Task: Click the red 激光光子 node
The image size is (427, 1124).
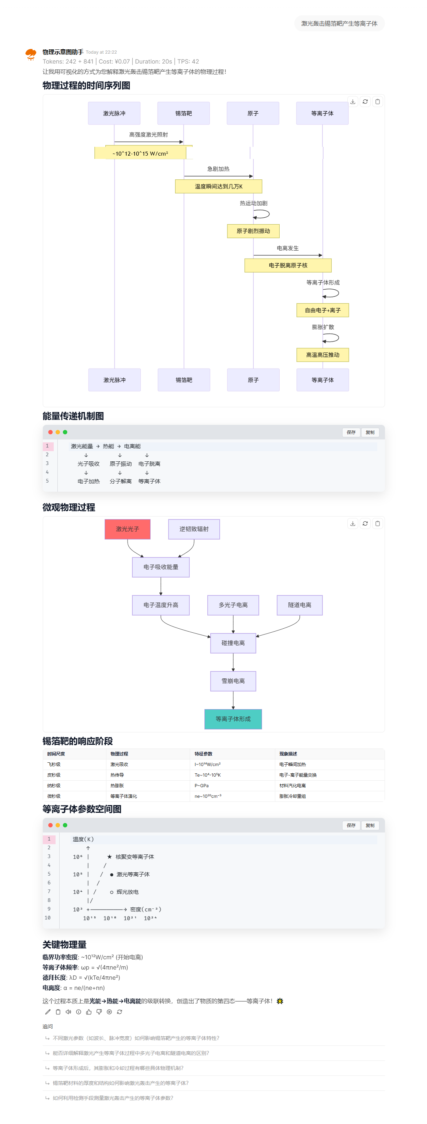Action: [128, 529]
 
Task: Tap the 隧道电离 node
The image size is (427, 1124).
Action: [299, 605]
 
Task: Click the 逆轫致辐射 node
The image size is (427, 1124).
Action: [194, 529]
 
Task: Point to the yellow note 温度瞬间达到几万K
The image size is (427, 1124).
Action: [219, 186]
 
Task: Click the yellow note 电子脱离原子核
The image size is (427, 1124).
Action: [288, 265]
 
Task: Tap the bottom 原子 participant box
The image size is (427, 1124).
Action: [253, 380]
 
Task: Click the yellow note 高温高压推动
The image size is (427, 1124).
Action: [323, 355]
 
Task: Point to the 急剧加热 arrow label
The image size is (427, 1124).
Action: [218, 169]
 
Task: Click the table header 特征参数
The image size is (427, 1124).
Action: [204, 754]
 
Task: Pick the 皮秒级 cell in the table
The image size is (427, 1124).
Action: [54, 775]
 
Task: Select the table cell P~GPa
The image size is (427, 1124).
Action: [202, 785]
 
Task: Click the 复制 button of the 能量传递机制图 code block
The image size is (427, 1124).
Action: [370, 433]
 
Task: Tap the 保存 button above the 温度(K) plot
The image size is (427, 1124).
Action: [351, 826]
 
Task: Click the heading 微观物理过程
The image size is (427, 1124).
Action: [69, 507]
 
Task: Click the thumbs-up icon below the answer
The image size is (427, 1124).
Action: [88, 1012]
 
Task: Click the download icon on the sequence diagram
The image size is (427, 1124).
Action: [353, 102]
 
